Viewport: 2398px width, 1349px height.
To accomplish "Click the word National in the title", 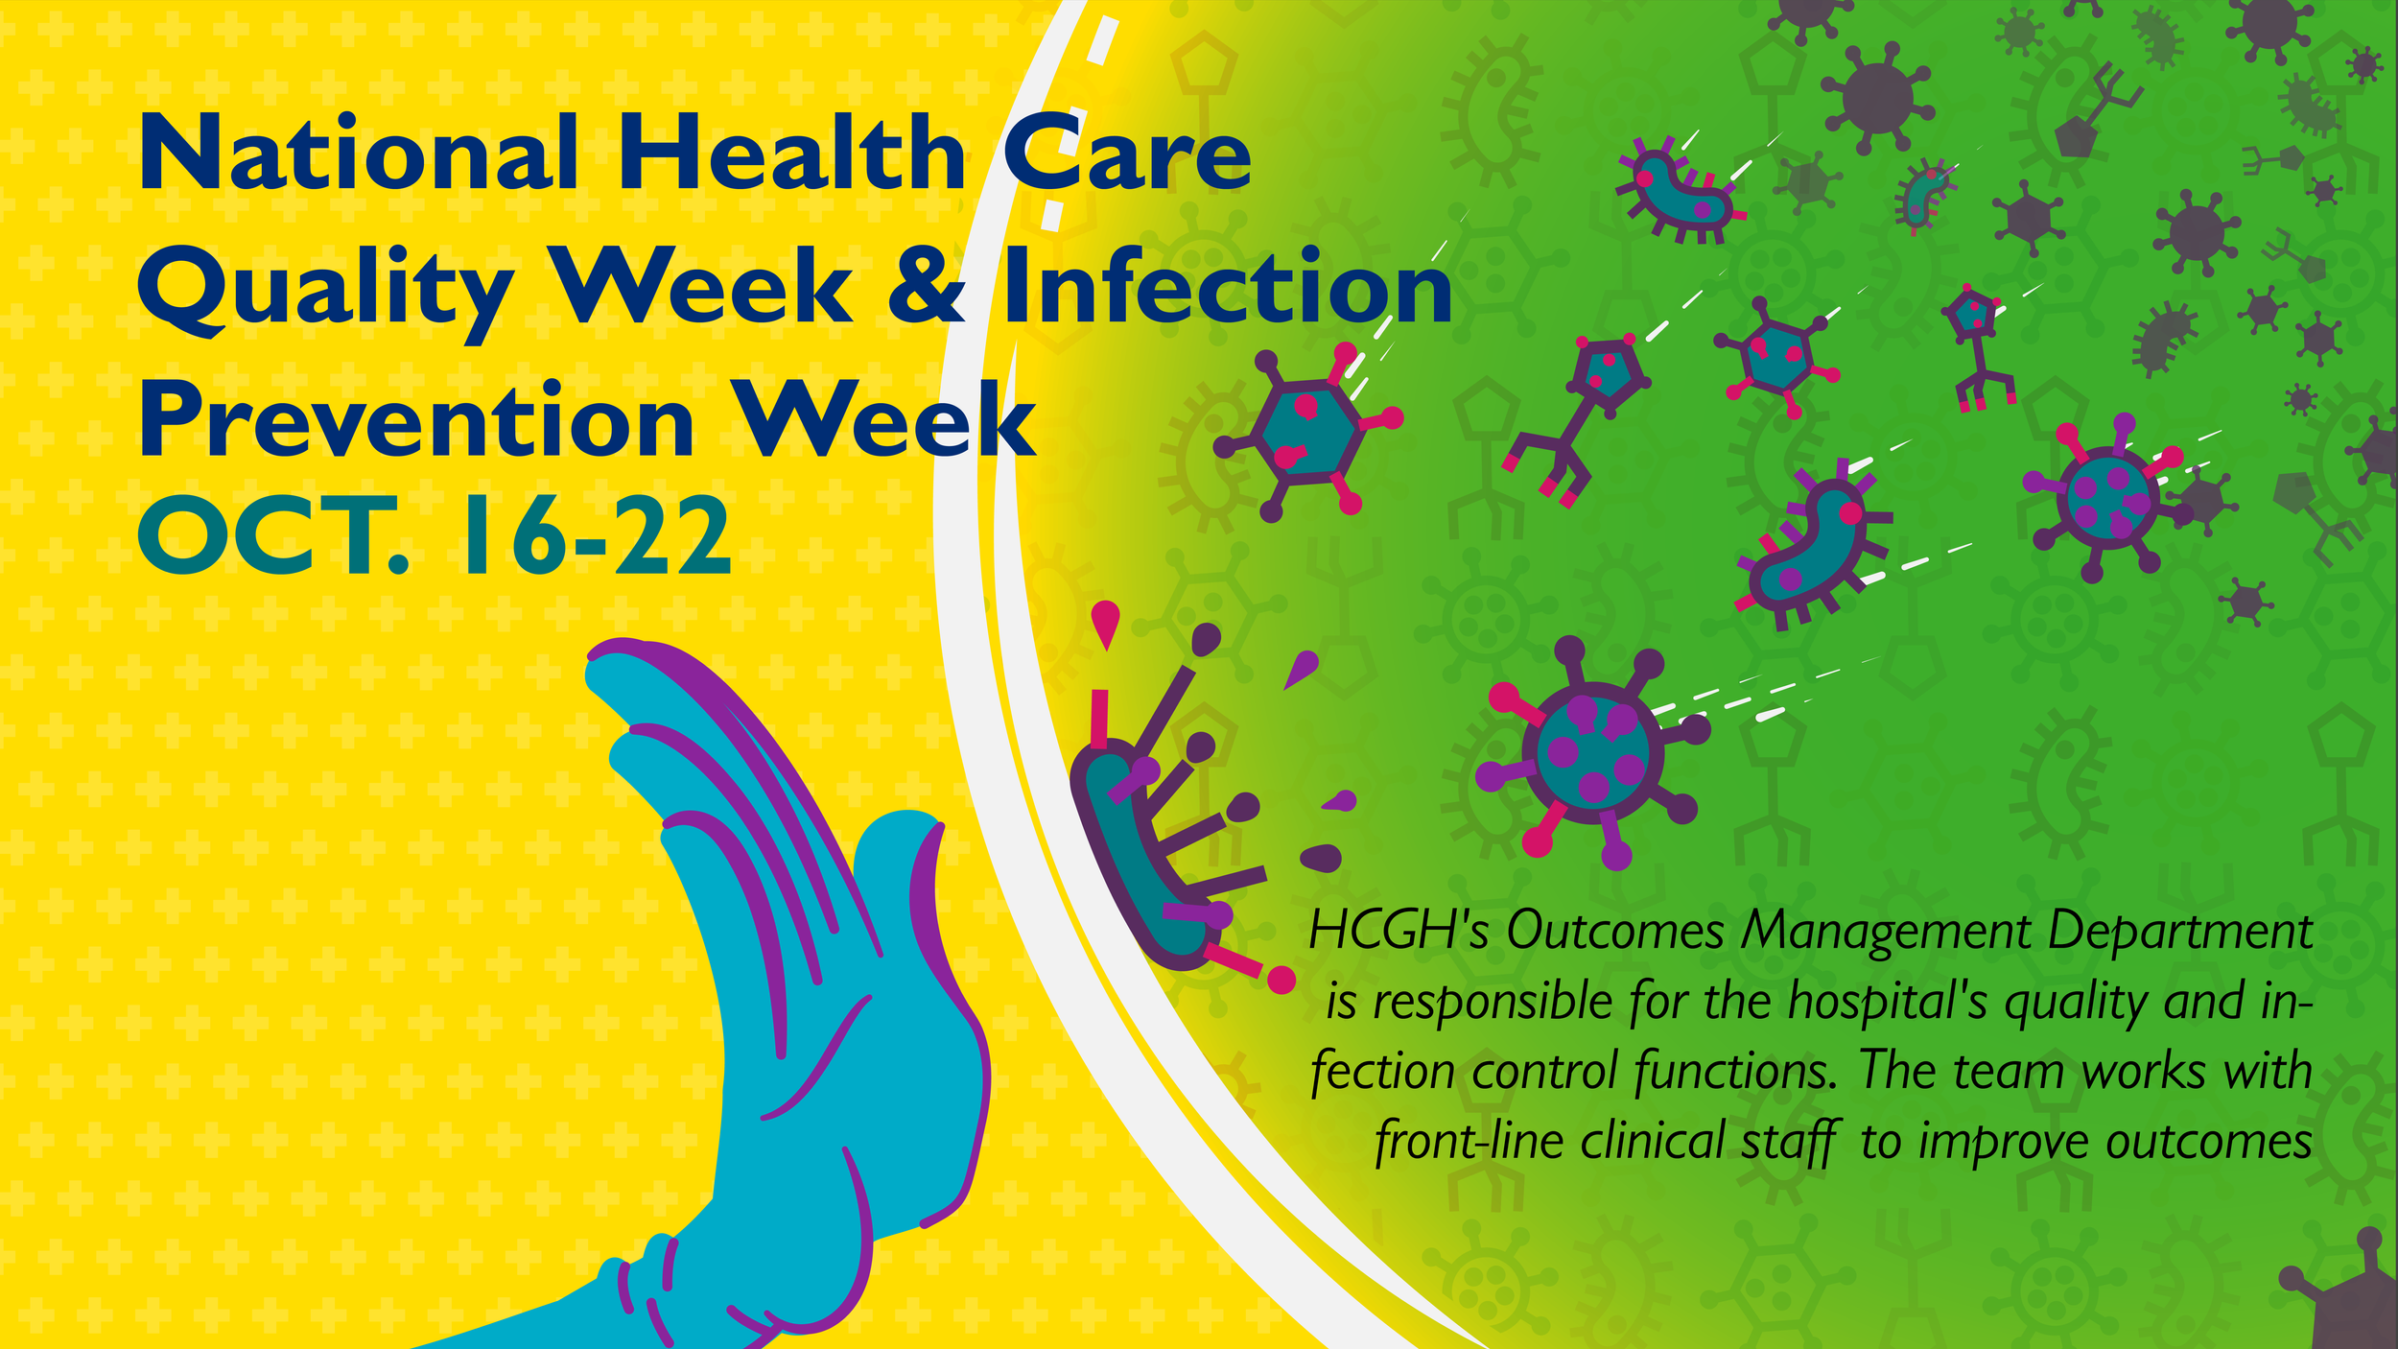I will (x=359, y=154).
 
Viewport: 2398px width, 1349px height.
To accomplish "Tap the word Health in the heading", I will (x=791, y=154).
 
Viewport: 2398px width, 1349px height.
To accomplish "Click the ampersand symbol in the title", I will (x=927, y=288).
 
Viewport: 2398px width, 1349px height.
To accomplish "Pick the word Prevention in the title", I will (x=416, y=422).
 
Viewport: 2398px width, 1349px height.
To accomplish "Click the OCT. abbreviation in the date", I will (x=273, y=537).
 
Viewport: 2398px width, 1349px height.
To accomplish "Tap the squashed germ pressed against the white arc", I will (x=1132, y=854).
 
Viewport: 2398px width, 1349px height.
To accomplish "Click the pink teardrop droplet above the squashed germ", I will (x=1106, y=622).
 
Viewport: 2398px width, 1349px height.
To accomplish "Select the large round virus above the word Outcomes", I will (x=1592, y=753).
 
